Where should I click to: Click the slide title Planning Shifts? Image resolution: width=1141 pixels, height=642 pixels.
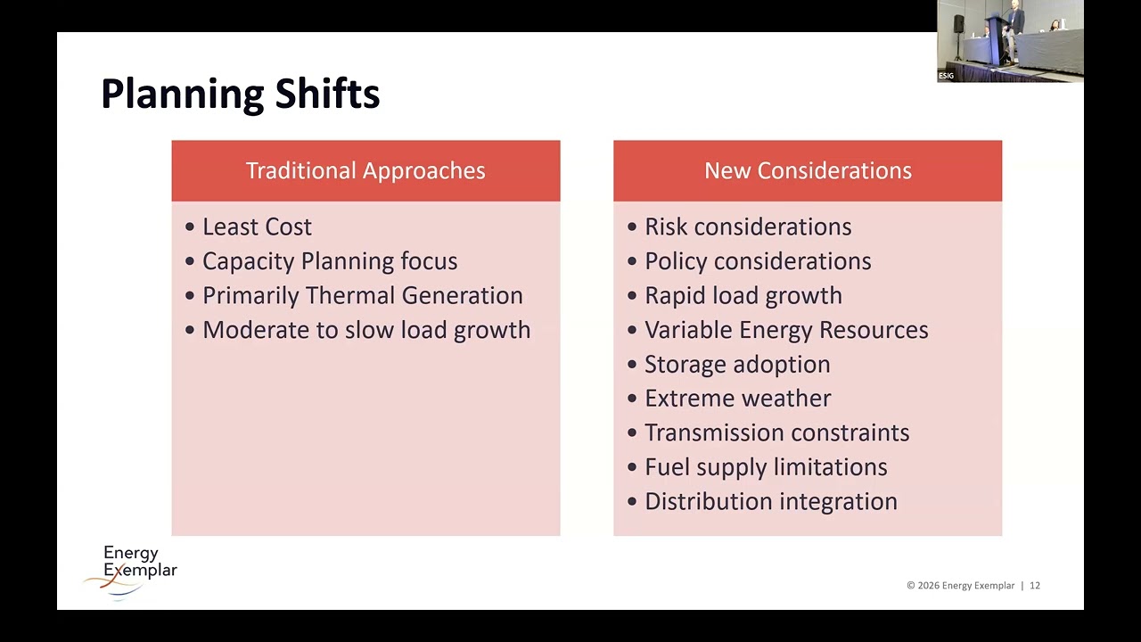pyautogui.click(x=240, y=94)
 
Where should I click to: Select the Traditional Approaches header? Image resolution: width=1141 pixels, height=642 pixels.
pyautogui.click(x=365, y=170)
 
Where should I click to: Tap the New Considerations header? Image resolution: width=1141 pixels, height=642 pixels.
pyautogui.click(x=808, y=170)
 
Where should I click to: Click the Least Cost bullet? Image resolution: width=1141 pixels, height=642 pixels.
pyautogui.click(x=257, y=226)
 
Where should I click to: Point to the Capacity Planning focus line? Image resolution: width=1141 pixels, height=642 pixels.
pyautogui.click(x=329, y=261)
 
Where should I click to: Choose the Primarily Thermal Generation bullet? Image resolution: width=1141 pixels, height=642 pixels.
pyautogui.click(x=362, y=295)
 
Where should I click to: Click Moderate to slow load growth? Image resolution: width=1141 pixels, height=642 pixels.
pyautogui.click(x=365, y=330)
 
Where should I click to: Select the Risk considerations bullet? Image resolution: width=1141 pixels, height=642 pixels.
pyautogui.click(x=747, y=226)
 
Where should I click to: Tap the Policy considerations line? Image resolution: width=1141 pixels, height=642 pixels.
pyautogui.click(x=757, y=261)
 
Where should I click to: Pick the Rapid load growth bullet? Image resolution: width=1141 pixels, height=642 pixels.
pyautogui.click(x=743, y=295)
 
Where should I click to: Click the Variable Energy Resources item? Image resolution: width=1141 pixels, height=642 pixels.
pyautogui.click(x=785, y=330)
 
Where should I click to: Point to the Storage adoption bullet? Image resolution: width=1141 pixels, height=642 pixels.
pyautogui.click(x=736, y=364)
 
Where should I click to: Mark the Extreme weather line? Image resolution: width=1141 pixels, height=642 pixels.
pyautogui.click(x=737, y=399)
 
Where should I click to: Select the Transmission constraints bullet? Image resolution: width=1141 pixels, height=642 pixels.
pyautogui.click(x=776, y=432)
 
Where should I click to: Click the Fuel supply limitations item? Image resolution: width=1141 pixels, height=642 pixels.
pyautogui.click(x=765, y=467)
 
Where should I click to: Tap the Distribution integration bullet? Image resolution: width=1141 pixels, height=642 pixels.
pyautogui.click(x=770, y=501)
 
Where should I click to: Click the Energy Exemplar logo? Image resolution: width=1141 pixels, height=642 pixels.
pyautogui.click(x=134, y=571)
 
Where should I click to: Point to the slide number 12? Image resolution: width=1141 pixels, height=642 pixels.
pyautogui.click(x=1035, y=586)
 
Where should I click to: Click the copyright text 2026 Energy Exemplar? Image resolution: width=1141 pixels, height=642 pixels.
pyautogui.click(x=960, y=586)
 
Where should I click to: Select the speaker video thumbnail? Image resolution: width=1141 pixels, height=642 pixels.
pyautogui.click(x=1010, y=41)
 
